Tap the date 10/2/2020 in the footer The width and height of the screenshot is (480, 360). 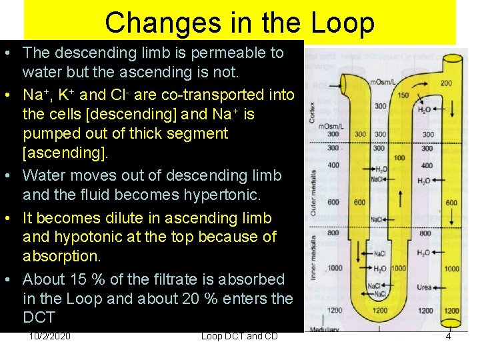coord(51,336)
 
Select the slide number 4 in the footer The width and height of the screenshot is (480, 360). coord(448,336)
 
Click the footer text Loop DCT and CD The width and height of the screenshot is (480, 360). coord(239,336)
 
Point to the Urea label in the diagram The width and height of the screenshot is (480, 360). coord(425,287)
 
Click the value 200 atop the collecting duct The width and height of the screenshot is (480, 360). coord(446,84)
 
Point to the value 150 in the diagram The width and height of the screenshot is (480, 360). coord(403,95)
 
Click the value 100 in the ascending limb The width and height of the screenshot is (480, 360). coord(399,158)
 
